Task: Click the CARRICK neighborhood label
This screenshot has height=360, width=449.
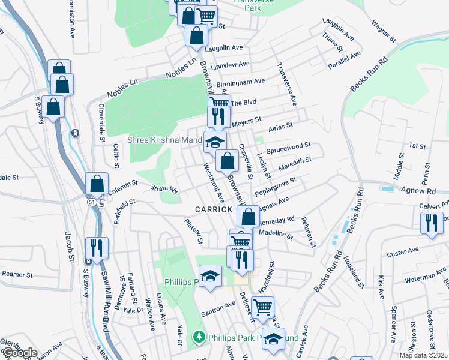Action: tap(214, 209)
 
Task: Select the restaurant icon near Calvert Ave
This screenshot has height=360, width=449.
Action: tap(432, 223)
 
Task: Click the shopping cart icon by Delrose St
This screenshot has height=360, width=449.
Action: tap(262, 307)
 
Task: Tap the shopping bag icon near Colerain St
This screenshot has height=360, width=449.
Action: tap(97, 184)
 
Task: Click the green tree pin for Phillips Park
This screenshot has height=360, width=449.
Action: tap(199, 338)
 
